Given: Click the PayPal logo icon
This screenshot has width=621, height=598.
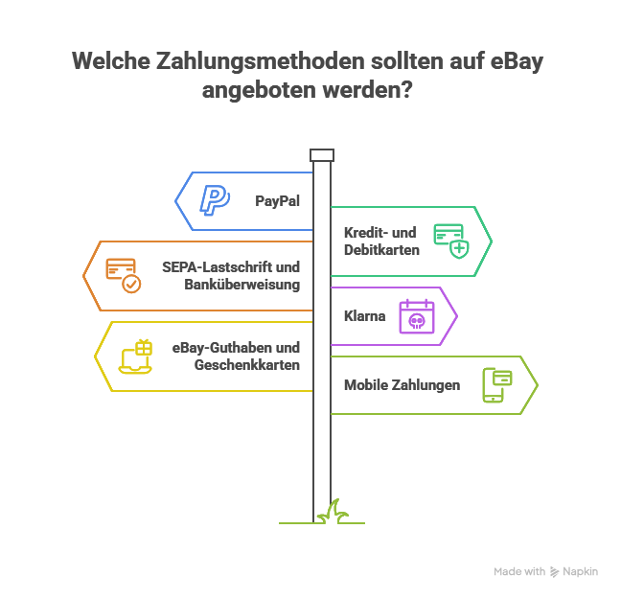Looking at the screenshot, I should (214, 200).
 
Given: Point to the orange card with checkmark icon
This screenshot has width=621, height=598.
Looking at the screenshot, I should (123, 275).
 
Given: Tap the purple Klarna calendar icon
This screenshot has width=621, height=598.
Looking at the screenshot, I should (417, 315).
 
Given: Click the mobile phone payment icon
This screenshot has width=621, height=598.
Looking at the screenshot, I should (496, 385).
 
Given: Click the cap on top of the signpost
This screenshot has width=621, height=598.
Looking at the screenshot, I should (322, 155).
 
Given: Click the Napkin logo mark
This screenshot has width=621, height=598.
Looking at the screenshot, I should (555, 571).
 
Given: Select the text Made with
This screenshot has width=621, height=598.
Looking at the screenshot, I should (519, 571).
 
